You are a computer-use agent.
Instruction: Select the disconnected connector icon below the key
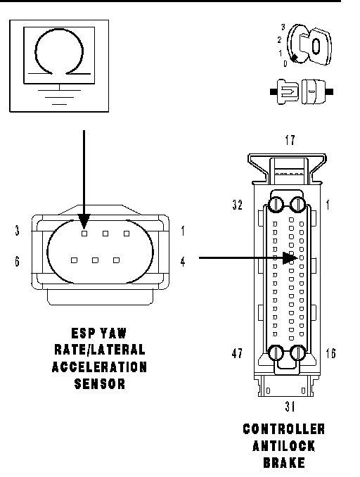coord(302,91)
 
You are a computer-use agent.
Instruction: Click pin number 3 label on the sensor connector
coord(17,231)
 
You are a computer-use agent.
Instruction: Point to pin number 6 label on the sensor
coord(17,261)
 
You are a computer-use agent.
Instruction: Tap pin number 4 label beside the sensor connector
coord(182,262)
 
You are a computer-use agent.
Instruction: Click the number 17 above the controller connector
coord(290,140)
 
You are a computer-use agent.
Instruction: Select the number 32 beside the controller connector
coord(238,205)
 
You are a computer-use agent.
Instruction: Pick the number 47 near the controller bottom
coord(237,353)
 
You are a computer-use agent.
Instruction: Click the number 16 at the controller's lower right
coord(330,353)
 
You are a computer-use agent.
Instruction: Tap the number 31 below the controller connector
coord(290,406)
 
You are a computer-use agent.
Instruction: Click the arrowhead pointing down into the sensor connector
coord(84,221)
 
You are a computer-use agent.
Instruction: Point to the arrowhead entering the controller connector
coord(290,258)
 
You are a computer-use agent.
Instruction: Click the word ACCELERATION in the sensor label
coord(99,367)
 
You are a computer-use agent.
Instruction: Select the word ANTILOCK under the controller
coord(283,446)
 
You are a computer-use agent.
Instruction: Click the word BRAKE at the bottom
coord(284,463)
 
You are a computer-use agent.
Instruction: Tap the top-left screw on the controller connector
coord(276,204)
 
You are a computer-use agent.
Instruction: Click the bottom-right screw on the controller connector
coord(298,353)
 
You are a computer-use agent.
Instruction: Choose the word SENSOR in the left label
coord(100,384)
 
